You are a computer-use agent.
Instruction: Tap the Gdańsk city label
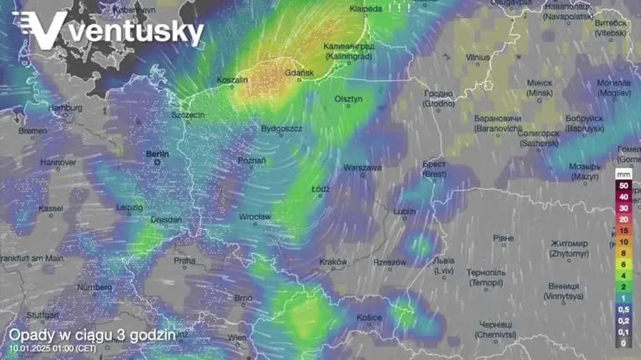pos(299,73)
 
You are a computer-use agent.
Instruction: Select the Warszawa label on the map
pos(362,168)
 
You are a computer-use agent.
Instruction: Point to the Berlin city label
pos(158,153)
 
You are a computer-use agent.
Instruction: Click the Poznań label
pos(252,161)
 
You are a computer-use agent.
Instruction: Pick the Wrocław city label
pos(255,217)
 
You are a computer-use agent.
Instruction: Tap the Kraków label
pos(333,262)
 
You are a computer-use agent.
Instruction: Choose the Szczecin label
pos(188,115)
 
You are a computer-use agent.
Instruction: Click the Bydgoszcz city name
pos(282,128)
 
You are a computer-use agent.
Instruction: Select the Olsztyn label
pos(349,99)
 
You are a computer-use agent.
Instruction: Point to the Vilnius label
pos(478,58)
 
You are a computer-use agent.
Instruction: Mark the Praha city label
pos(185,260)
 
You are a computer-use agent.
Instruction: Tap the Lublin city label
pos(404,212)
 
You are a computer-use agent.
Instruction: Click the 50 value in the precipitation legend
pos(623,186)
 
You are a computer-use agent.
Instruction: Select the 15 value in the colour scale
pos(623,230)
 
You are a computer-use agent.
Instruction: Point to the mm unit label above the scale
pos(623,174)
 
